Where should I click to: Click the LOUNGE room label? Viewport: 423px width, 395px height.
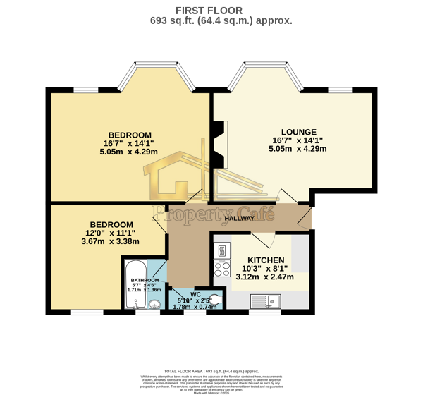coord(298,132)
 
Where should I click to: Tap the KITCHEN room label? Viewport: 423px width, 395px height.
coord(266,260)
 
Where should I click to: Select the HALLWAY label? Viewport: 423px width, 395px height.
coord(239,219)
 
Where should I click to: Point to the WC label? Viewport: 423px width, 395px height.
coord(196,294)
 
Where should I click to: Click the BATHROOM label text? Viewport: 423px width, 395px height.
coord(144,280)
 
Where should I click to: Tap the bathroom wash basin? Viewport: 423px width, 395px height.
coord(155,305)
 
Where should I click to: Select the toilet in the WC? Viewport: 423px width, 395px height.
coord(216,299)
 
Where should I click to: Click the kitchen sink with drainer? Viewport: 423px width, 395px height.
coord(265,301)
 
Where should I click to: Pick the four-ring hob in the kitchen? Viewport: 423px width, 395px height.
coord(222,268)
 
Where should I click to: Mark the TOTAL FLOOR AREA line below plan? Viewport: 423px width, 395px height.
coord(211,370)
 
